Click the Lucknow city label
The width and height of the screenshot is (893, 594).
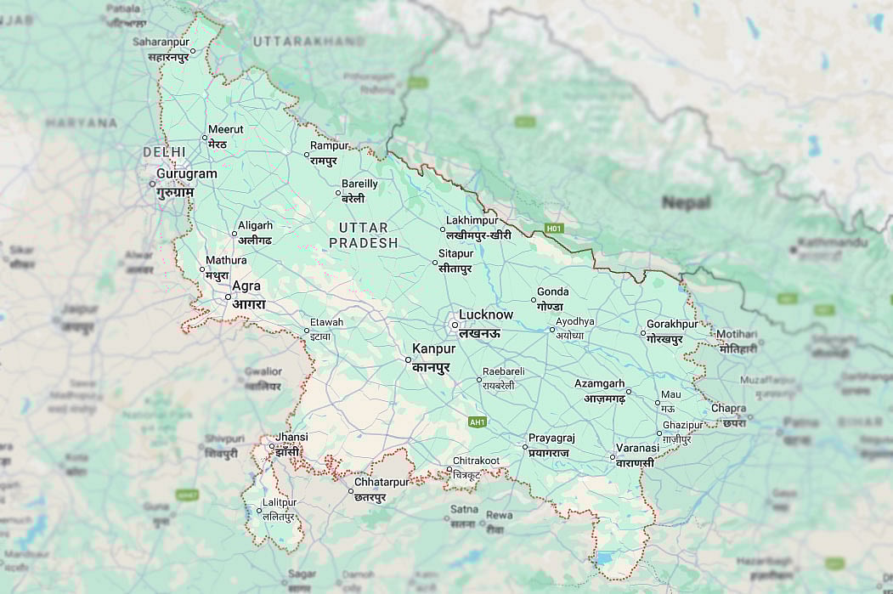486,315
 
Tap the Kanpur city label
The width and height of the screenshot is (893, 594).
433,349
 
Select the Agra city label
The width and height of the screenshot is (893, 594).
246,287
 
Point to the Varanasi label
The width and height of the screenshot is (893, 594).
637,448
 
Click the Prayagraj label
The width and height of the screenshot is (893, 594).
551,438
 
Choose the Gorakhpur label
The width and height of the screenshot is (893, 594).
672,325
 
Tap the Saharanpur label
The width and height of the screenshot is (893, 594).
161,42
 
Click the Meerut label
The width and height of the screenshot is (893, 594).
225,130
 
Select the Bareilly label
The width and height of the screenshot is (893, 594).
359,184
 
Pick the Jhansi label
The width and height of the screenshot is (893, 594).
291,438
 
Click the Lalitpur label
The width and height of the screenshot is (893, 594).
280,503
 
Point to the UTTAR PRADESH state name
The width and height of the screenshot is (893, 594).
363,235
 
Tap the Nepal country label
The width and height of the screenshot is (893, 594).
686,203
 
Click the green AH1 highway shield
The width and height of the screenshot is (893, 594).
478,421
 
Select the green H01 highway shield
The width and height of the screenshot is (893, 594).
555,229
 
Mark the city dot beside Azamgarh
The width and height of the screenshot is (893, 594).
629,391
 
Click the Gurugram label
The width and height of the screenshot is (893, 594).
186,174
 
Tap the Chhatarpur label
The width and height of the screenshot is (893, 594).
382,483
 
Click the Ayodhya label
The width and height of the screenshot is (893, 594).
575,322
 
